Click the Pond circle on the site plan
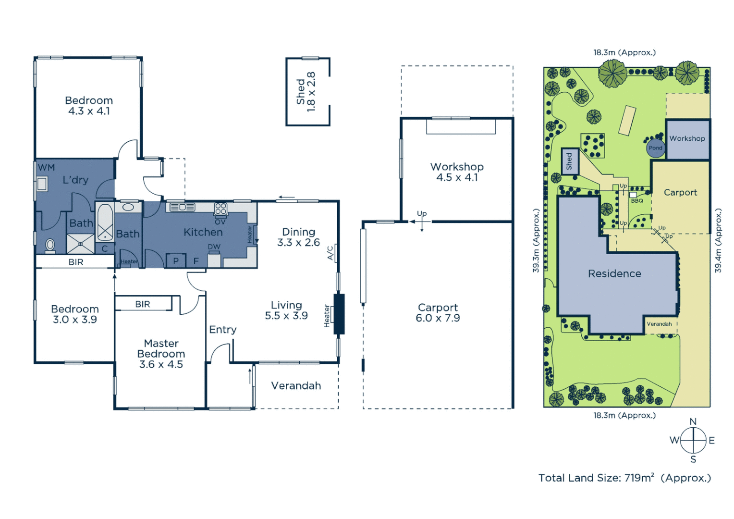(x=655, y=148)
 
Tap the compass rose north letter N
(x=693, y=421)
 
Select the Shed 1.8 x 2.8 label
(x=306, y=91)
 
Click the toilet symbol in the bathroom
(x=50, y=245)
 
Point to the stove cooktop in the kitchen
(x=220, y=209)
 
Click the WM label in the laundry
(x=47, y=168)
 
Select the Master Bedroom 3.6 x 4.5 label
(x=161, y=354)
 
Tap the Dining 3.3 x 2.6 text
(x=298, y=237)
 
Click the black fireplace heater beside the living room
(x=339, y=314)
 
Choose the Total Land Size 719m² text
(x=624, y=478)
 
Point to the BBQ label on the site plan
(x=637, y=200)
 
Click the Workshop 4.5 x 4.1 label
(x=457, y=172)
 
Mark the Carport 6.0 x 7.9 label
(x=438, y=312)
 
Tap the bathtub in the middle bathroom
(x=105, y=222)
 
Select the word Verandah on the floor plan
(x=296, y=385)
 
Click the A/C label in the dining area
(x=330, y=253)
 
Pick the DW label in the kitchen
(x=214, y=247)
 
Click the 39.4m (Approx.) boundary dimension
(x=718, y=240)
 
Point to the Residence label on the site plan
(x=614, y=273)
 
